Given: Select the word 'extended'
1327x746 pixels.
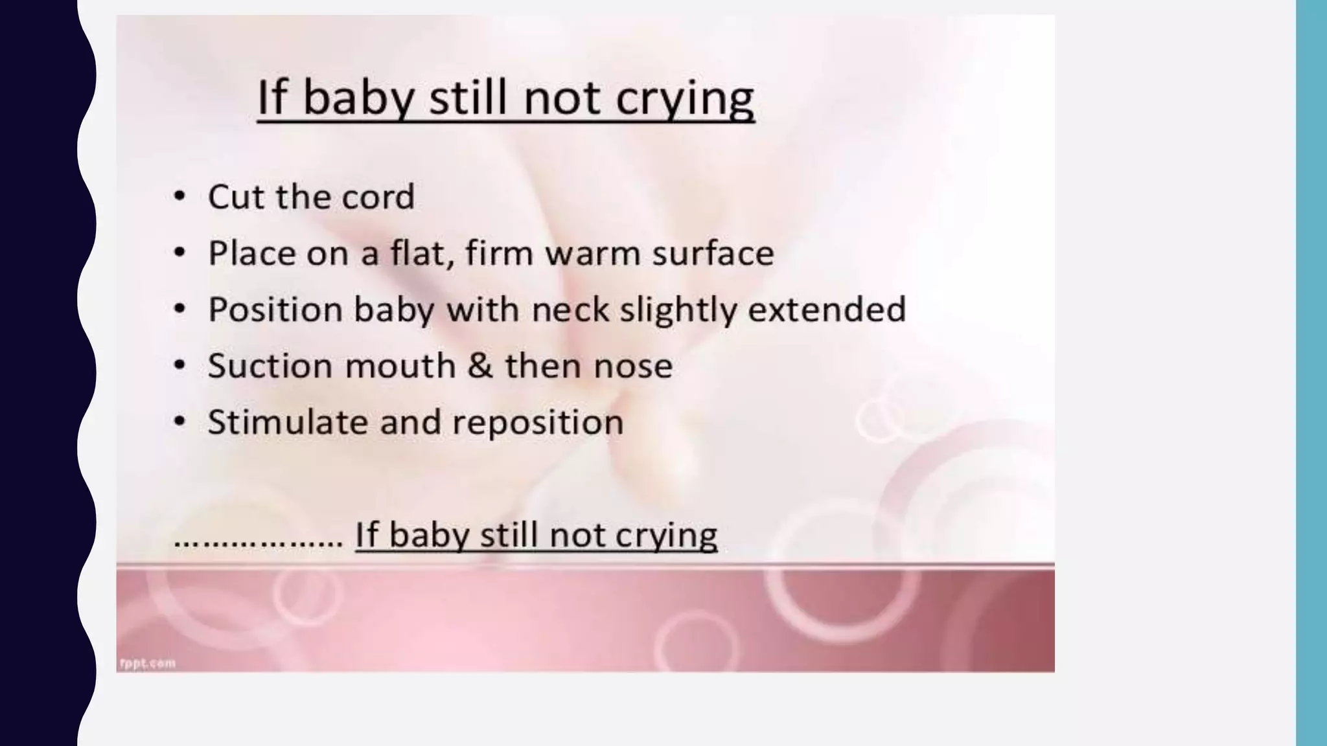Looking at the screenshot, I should [x=827, y=310].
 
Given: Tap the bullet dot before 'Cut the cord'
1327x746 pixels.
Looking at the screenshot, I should [x=180, y=196].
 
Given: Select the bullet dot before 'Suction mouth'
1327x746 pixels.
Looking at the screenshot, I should [x=180, y=365].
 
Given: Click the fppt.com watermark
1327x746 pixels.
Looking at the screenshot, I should [x=148, y=662].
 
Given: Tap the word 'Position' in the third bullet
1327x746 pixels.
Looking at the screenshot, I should [x=275, y=310].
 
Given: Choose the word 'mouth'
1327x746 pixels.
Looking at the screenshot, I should [x=400, y=367].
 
